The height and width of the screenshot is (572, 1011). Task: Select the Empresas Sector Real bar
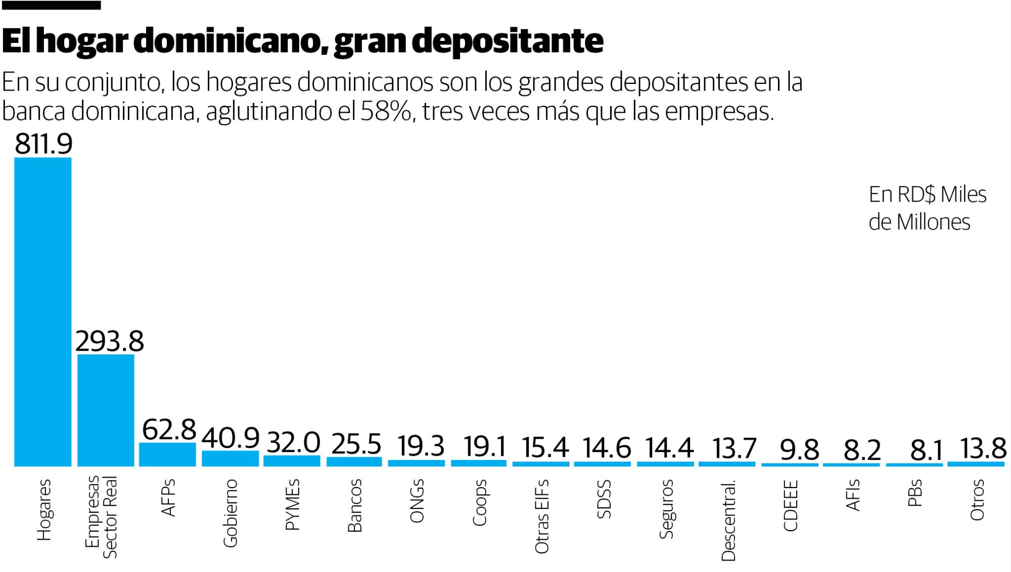106,410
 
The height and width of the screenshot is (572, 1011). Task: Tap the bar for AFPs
167,454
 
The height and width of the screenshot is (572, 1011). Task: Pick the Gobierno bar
230,458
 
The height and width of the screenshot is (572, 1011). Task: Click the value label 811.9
43,144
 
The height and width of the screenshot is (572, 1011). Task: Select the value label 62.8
169,430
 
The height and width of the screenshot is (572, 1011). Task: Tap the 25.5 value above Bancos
356,444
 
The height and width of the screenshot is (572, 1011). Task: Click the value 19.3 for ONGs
421,446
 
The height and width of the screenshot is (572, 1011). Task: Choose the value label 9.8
799,450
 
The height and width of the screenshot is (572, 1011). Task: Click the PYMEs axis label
293,504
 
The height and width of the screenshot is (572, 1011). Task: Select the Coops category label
479,502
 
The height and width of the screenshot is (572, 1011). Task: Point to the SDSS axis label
604,499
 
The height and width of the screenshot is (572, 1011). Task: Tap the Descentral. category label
728,520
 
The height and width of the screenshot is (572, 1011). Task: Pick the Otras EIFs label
541,516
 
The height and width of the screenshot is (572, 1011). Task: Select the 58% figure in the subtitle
387,111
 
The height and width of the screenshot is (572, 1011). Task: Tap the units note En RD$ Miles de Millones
927,208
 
